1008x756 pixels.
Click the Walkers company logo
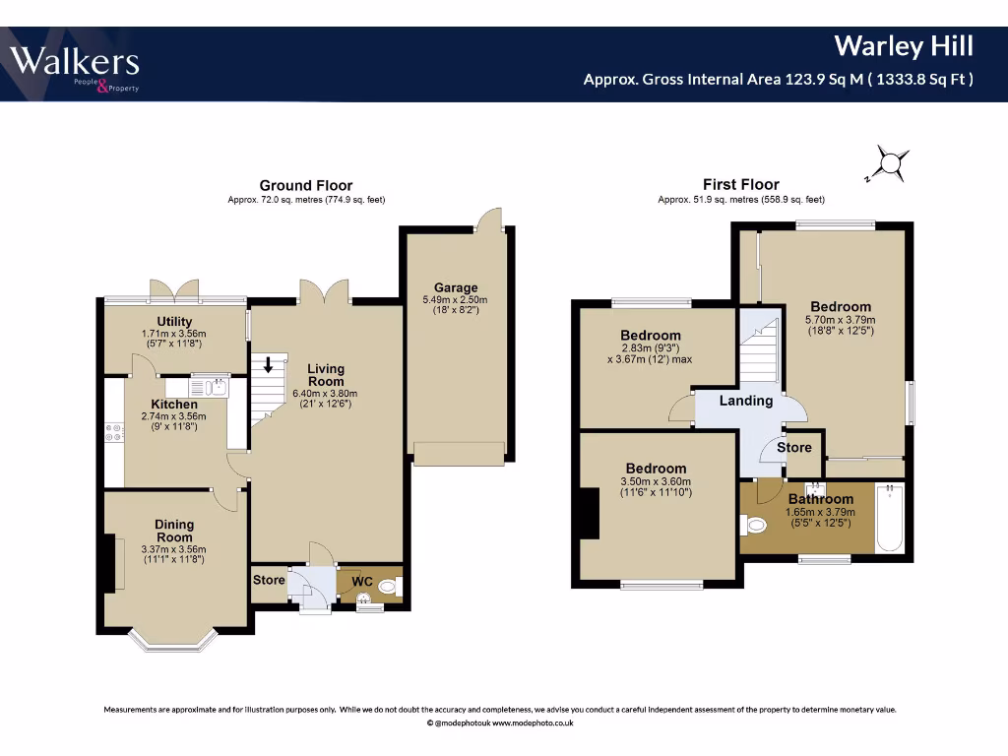pyautogui.click(x=75, y=67)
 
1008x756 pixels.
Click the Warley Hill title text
pyautogui.click(x=904, y=46)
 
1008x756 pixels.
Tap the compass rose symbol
pyautogui.click(x=889, y=164)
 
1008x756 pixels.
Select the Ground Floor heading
pyautogui.click(x=306, y=185)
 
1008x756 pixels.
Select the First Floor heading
pyautogui.click(x=740, y=184)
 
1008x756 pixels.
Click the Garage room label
pyautogui.click(x=456, y=287)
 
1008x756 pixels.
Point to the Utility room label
pyautogui.click(x=174, y=322)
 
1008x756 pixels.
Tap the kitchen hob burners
pyautogui.click(x=114, y=432)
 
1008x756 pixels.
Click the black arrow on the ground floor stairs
pyautogui.click(x=268, y=364)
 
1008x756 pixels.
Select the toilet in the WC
pyautogui.click(x=390, y=587)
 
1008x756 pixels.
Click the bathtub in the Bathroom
pyautogui.click(x=890, y=518)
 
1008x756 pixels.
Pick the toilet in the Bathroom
pyautogui.click(x=752, y=525)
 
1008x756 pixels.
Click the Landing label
pyautogui.click(x=746, y=401)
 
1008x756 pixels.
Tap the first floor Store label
pyautogui.click(x=794, y=448)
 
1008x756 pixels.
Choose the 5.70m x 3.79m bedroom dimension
pyautogui.click(x=841, y=320)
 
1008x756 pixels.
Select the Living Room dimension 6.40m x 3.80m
pyautogui.click(x=325, y=394)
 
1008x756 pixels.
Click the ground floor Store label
pyautogui.click(x=269, y=580)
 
